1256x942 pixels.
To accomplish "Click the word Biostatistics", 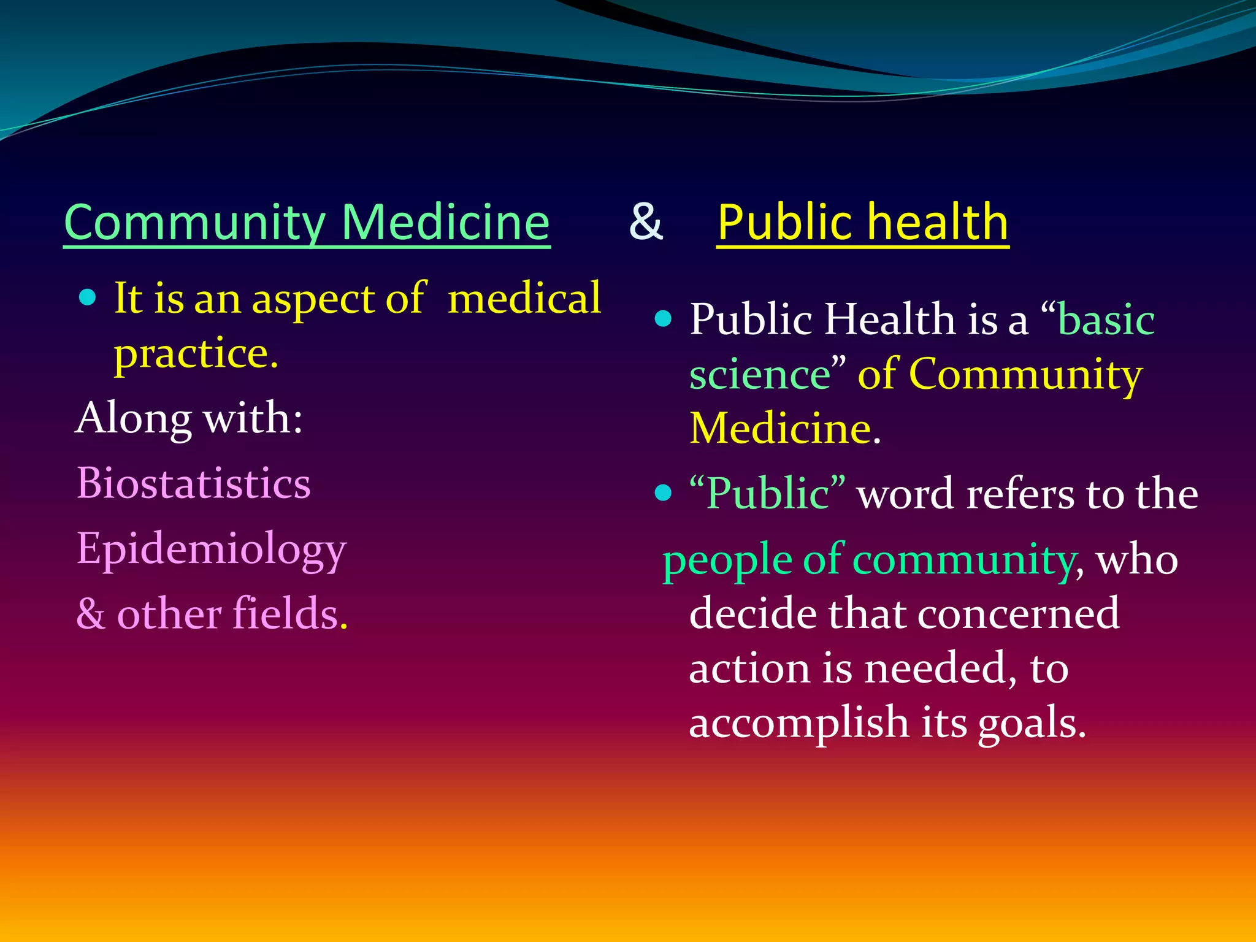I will (194, 483).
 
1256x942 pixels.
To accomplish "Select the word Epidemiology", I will (212, 549).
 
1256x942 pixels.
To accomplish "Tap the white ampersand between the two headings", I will (646, 221).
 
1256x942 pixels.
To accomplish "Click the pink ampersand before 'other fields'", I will (91, 613).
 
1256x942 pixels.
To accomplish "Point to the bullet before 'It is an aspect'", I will (88, 298).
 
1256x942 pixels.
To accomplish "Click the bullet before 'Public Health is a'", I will (663, 318).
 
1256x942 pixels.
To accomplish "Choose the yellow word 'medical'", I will (524, 298).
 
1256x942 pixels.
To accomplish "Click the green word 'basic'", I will (1106, 320).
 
